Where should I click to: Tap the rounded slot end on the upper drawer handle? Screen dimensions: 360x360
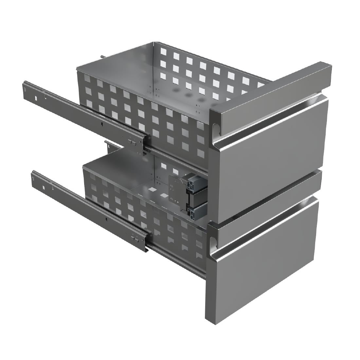(216, 129)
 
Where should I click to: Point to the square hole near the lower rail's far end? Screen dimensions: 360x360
(43, 187)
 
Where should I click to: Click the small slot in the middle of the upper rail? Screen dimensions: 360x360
(102, 124)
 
